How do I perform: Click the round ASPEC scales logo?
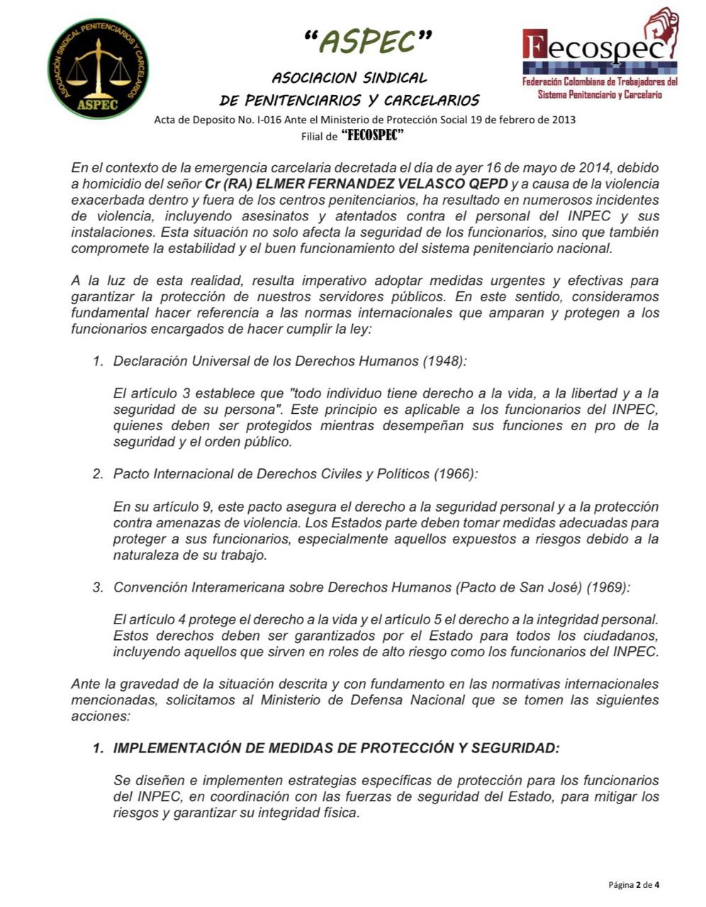click(x=98, y=69)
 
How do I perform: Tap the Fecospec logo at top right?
click(x=600, y=55)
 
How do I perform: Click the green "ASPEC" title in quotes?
click(x=366, y=42)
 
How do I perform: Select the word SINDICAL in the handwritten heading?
click(x=395, y=77)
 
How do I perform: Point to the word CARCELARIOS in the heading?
click(x=432, y=100)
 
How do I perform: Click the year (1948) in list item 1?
click(x=445, y=361)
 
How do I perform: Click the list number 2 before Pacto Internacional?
click(x=98, y=474)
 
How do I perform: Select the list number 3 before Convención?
click(x=98, y=587)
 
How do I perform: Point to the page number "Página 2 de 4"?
click(x=634, y=884)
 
